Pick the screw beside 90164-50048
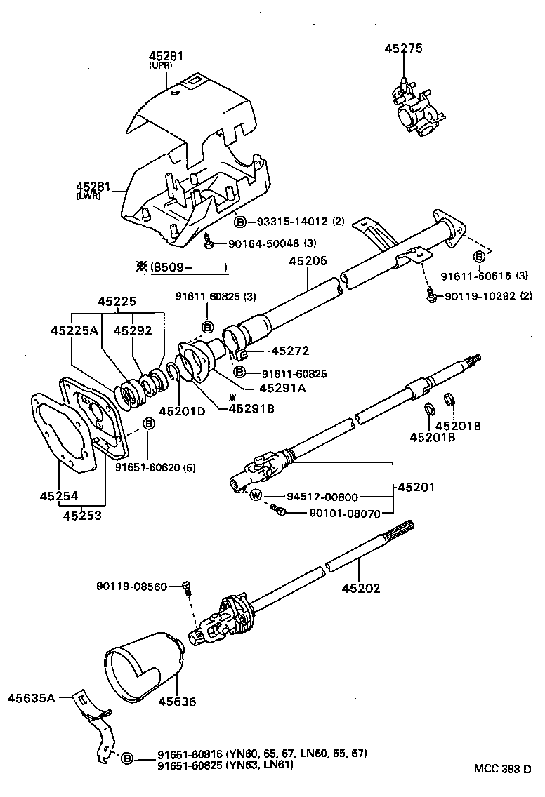209,243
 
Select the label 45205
308,261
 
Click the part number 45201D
181,411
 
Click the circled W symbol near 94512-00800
256,495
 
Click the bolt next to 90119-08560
187,587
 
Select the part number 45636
177,701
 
